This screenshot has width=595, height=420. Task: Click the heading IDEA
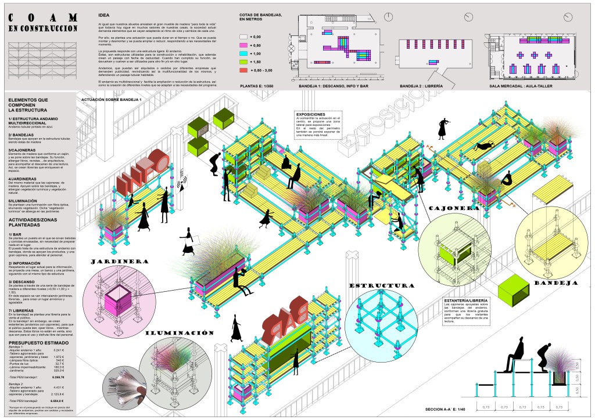(x=103, y=14)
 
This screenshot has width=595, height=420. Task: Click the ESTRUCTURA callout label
(x=382, y=286)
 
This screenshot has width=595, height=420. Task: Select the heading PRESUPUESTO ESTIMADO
(x=35, y=343)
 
